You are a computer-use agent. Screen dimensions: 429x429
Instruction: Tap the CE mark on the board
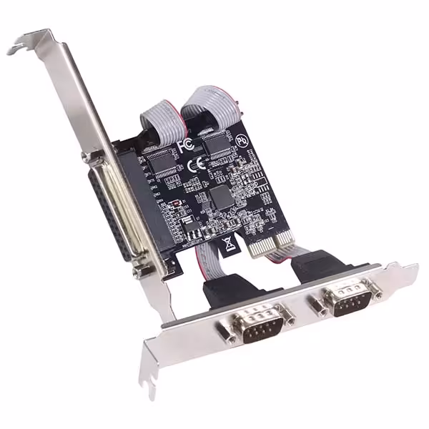pos(201,162)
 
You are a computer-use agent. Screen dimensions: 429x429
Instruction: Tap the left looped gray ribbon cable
pos(157,114)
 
